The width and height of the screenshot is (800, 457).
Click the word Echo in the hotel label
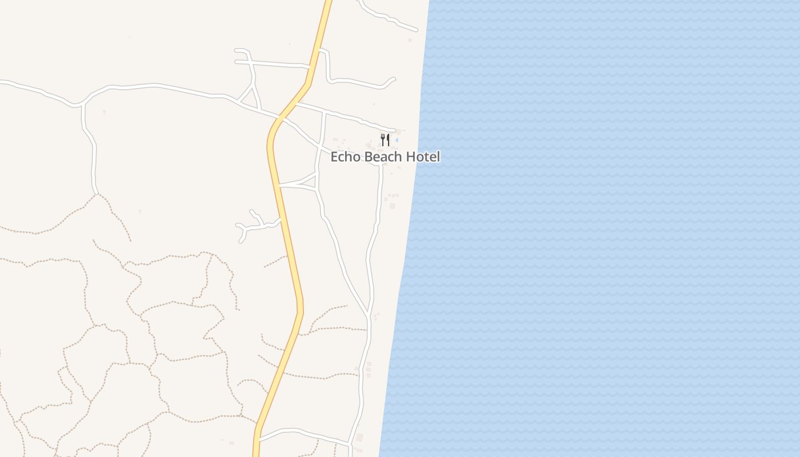click(x=346, y=157)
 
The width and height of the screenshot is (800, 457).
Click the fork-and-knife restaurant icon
click(x=385, y=140)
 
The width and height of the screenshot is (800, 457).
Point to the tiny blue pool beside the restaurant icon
click(x=397, y=139)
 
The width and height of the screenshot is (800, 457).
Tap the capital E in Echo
click(x=335, y=157)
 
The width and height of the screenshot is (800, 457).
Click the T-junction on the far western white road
click(x=83, y=105)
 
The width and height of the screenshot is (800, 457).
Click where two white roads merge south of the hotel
click(x=369, y=314)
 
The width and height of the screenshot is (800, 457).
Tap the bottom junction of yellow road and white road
click(x=258, y=440)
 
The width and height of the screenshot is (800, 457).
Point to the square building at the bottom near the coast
click(x=359, y=438)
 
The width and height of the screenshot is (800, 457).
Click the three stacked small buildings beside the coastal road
click(x=369, y=370)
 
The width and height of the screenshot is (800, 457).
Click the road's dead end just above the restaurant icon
click(x=394, y=130)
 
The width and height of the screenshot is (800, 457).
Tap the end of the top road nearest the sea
click(x=416, y=30)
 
